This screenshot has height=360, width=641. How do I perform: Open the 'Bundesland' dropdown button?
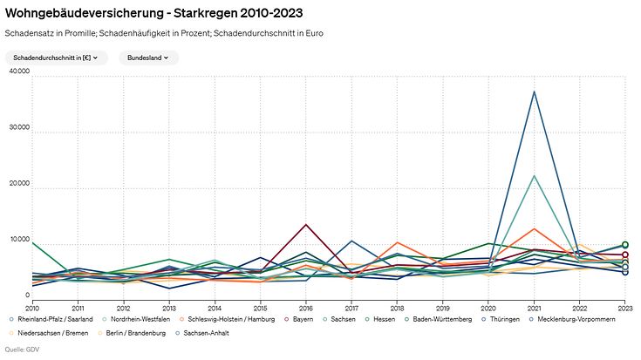149,58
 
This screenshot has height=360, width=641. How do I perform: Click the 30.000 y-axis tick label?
18,128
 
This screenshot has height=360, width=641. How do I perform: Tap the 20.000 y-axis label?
18,184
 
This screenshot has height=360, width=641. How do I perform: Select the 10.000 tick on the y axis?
18,240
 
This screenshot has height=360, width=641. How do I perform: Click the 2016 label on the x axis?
305,308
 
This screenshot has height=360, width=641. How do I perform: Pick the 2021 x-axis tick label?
534,308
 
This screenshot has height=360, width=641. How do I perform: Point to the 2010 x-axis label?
32,308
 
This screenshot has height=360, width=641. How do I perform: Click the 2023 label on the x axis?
624,308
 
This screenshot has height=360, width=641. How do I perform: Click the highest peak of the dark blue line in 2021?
534,92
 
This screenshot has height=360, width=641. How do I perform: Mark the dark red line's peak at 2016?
305,225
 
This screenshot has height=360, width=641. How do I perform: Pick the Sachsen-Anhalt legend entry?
201,333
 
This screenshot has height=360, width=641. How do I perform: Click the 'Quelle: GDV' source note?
23,350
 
